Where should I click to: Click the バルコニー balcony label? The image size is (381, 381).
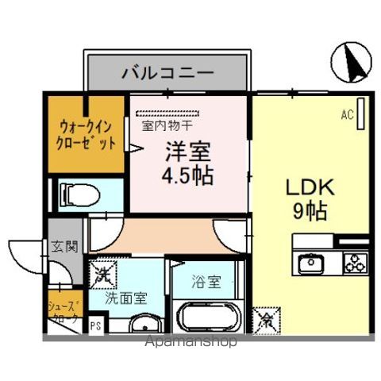point(167,73)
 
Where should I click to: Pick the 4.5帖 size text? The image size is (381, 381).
point(188,175)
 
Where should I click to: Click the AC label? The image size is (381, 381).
point(347,116)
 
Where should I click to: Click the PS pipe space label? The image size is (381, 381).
point(96,325)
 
